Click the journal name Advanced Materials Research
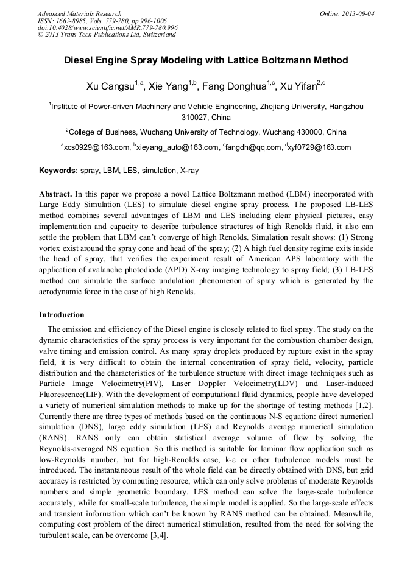80,13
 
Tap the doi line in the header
108,27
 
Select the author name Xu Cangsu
110,86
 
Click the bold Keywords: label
58,171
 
